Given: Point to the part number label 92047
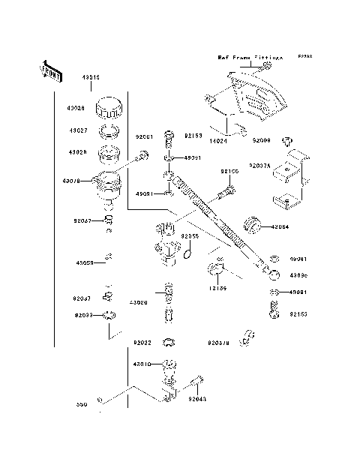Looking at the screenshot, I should click(82, 220).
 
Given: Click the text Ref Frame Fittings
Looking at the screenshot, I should click(250, 56).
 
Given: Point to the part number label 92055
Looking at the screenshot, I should click(189, 236).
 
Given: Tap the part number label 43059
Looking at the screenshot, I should click(84, 263).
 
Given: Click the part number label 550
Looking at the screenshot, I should click(82, 404).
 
